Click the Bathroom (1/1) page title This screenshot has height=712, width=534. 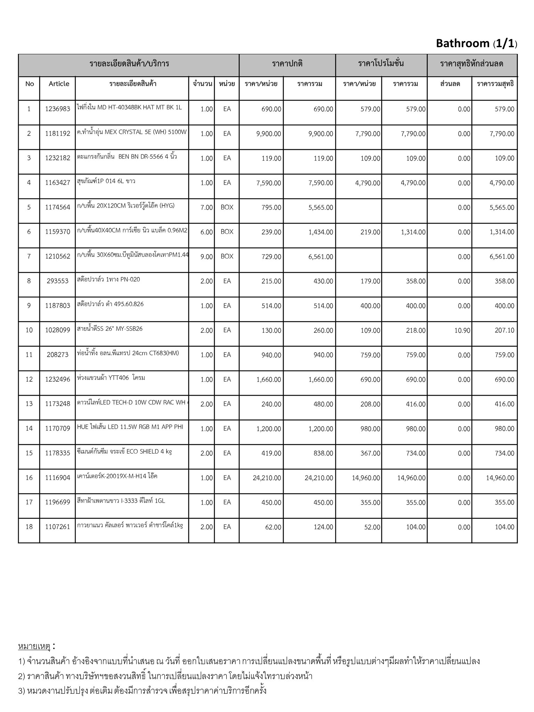click(476, 43)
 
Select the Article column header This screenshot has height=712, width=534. click(59, 84)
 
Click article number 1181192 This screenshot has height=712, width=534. click(58, 133)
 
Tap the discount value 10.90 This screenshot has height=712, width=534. click(462, 330)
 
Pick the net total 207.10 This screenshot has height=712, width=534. click(504, 330)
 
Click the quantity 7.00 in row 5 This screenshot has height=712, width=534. click(207, 208)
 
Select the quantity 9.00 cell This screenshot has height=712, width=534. click(207, 257)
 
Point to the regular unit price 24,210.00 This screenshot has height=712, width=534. click(267, 478)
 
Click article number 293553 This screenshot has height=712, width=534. click(58, 281)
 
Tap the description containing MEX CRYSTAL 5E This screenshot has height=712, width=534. click(132, 132)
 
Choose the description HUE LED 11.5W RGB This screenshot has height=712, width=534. click(130, 427)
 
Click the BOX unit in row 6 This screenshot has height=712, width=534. click(227, 232)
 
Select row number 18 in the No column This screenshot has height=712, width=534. click(29, 527)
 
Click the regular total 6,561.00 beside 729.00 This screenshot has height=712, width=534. click(321, 257)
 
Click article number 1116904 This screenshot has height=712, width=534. click(58, 478)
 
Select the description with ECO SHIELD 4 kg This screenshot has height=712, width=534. click(124, 452)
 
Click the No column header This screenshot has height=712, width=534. click(30, 84)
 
